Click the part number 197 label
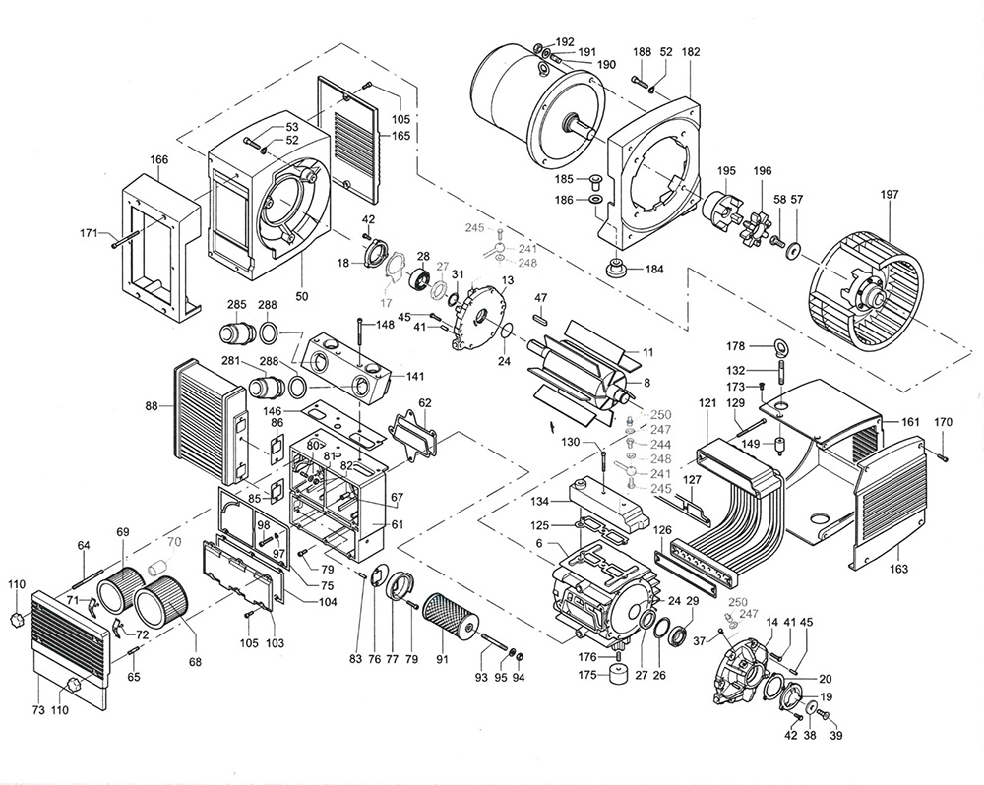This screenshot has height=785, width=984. pos(890,195)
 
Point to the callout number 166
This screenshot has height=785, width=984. pos(158,160)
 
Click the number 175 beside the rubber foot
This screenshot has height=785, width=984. pos(587,675)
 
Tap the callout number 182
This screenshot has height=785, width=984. pos(691,51)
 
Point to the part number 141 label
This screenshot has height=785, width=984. pos(415,377)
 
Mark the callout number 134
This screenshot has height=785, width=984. pos(539,503)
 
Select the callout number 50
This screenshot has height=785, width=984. pos(302,296)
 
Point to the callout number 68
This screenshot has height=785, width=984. pos(195,661)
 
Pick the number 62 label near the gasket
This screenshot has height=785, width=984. pos(425,402)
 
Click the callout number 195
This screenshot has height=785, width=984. pos(725,171)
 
